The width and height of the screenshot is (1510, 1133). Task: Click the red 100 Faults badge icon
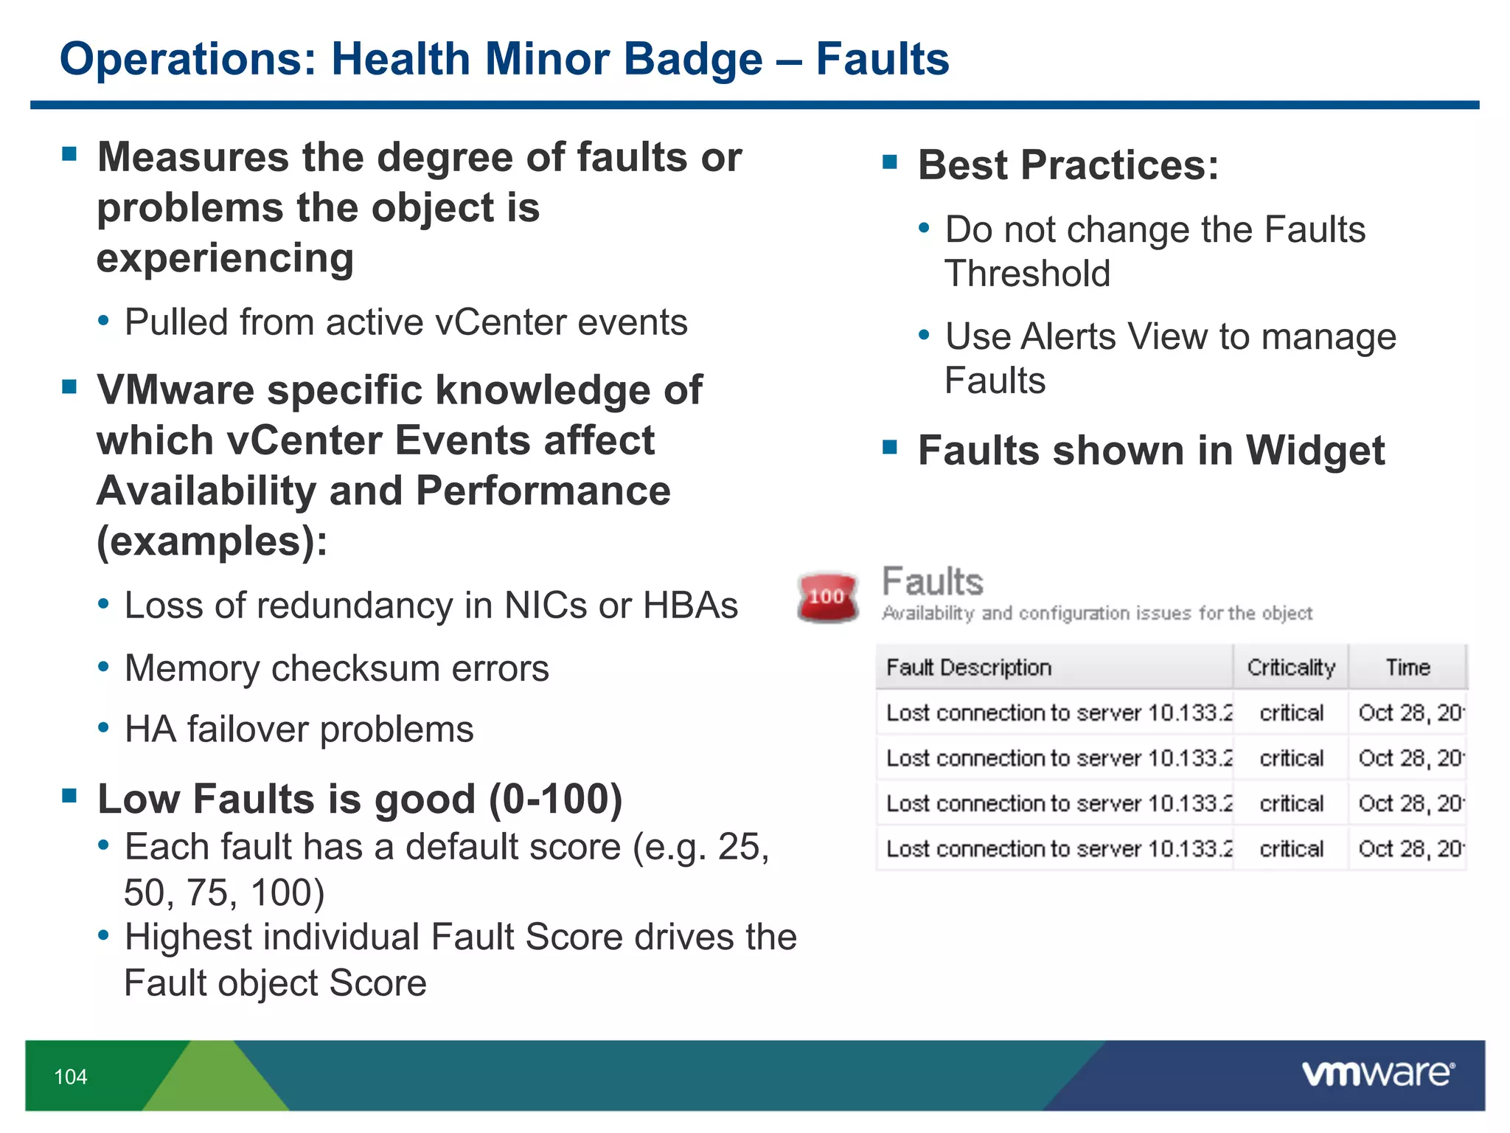[x=827, y=596]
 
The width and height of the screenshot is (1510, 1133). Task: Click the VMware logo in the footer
[x=1377, y=1073]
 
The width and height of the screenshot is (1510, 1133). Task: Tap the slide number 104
[x=71, y=1077]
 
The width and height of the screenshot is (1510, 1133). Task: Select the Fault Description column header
[x=968, y=668]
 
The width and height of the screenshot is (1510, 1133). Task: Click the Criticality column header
[x=1290, y=668]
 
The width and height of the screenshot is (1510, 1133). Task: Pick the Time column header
[x=1407, y=668]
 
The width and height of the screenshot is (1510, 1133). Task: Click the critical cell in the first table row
[x=1291, y=713]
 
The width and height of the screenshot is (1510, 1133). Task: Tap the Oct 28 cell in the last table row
[x=1409, y=849]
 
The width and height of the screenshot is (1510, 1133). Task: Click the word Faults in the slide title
[x=882, y=59]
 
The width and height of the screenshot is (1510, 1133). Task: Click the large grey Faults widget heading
[x=933, y=582]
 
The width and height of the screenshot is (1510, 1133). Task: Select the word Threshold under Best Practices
[x=1027, y=274]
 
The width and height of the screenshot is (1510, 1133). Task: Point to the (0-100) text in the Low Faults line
[x=556, y=800]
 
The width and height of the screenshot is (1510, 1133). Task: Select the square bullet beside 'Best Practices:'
[x=890, y=162]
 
